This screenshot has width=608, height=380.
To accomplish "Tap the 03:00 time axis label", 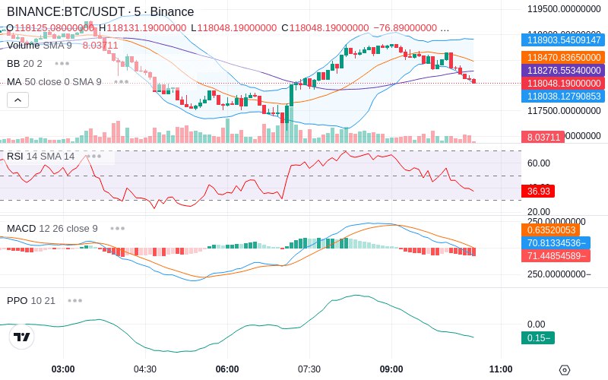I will (x=63, y=369).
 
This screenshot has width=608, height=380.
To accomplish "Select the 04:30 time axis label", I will (x=145, y=369).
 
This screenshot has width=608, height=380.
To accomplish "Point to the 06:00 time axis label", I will (x=227, y=369).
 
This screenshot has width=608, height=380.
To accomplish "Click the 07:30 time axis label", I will (x=309, y=369).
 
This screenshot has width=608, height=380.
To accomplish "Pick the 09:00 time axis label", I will (x=391, y=369).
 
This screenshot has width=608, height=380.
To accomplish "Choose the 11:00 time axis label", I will (x=501, y=369).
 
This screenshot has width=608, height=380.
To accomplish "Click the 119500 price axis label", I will (x=564, y=9).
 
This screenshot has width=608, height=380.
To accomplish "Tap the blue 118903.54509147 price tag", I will (x=562, y=40).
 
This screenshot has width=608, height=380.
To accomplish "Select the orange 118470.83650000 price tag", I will (x=562, y=57).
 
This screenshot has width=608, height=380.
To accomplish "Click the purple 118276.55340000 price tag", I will (x=562, y=70).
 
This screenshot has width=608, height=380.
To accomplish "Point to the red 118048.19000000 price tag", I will (x=562, y=83).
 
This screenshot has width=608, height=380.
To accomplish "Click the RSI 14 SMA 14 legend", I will (x=41, y=157).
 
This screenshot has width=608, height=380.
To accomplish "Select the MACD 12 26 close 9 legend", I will (x=52, y=228).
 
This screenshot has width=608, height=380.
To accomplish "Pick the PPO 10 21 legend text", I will (x=31, y=300).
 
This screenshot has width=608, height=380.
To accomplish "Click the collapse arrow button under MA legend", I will (x=17, y=100).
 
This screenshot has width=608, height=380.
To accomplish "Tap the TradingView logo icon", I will (x=21, y=337).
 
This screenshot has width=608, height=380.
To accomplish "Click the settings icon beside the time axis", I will (x=564, y=370).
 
